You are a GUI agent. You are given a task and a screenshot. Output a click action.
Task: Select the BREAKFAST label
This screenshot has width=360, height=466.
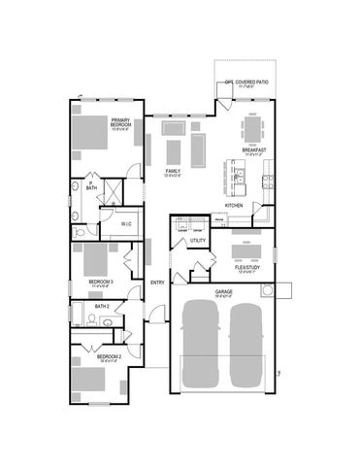coord(254,152)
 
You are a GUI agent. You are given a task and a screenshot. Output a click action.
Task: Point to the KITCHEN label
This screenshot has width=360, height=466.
coord(234,206)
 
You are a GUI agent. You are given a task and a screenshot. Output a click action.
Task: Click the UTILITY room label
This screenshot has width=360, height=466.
coord(197,240)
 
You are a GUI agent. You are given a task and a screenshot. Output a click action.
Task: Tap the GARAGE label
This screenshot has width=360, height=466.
coord(224,291)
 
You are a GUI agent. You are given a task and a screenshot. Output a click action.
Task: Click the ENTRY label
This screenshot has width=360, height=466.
coord(157,283)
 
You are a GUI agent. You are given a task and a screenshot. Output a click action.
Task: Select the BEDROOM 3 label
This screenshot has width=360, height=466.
coord(102,283)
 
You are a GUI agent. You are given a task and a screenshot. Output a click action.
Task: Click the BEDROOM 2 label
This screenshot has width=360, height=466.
coord(108,358)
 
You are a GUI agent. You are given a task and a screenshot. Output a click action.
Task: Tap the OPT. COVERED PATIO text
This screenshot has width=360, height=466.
coord(245,83)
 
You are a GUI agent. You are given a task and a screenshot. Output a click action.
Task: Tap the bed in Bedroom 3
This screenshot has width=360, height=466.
coord(95,260)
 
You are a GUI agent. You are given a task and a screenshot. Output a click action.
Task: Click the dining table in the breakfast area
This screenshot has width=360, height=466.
coord(251,128)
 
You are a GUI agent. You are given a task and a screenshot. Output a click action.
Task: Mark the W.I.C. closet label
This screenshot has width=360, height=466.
coord(127,224)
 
